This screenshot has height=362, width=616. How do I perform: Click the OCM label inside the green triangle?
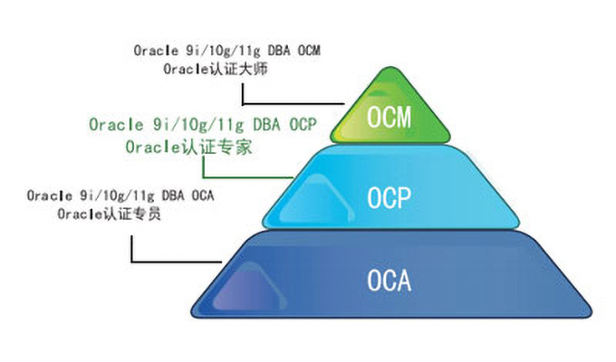click(389, 117)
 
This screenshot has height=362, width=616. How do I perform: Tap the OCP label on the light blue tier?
click(389, 197)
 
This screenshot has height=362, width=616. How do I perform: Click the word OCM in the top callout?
click(309, 51)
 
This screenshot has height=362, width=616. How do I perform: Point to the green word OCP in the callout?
click(303, 125)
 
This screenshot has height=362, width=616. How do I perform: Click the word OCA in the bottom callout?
click(203, 195)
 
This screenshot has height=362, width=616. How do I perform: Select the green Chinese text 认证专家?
click(217, 148)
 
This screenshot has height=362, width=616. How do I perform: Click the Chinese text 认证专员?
click(131, 214)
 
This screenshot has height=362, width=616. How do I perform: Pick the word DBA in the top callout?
click(279, 51)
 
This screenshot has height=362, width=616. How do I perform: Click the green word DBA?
click(266, 125)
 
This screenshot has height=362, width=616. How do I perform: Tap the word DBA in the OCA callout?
click(173, 195)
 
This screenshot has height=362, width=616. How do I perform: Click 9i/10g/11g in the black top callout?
click(223, 51)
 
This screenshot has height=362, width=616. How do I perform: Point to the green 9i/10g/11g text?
click(198, 125)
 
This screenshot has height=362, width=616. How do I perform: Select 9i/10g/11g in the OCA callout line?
click(117, 195)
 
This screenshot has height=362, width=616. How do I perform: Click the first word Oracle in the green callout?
click(116, 125)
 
